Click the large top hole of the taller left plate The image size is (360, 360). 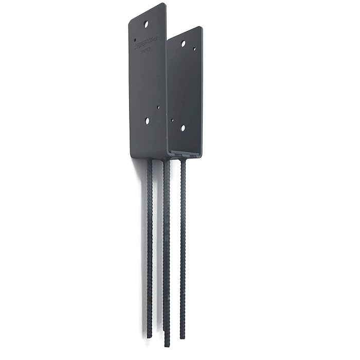(x=146, y=24)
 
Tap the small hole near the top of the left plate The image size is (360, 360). (x=135, y=39)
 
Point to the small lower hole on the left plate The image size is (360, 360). (x=158, y=107)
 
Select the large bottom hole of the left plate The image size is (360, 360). (x=147, y=121)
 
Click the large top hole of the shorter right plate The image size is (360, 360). (x=183, y=44)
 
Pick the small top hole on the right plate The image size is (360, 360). (x=194, y=49)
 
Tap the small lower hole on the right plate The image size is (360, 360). (x=173, y=121)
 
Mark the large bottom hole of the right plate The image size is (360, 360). (x=183, y=128)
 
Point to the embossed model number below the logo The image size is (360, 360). (x=147, y=52)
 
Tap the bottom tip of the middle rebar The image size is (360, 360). (x=167, y=345)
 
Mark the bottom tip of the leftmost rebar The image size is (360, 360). (x=149, y=336)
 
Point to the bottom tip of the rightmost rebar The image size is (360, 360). (x=183, y=337)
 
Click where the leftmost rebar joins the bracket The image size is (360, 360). (x=150, y=160)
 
